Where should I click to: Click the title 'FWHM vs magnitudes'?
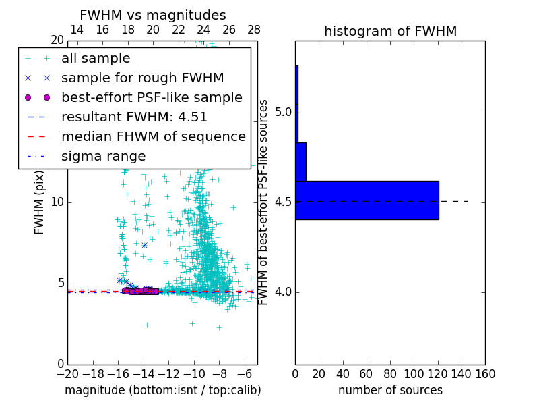click(153, 16)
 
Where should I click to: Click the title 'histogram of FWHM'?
click(390, 31)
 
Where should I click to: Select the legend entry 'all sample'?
click(96, 59)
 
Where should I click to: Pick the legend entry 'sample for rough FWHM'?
click(142, 78)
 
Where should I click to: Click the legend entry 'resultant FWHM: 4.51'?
click(134, 117)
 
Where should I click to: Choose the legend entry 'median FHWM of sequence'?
click(153, 137)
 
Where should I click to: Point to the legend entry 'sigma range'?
click(103, 157)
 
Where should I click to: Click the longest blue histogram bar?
click(367, 200)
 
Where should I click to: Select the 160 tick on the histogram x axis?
click(485, 374)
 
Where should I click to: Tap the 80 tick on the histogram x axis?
click(390, 374)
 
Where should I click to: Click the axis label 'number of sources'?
click(390, 390)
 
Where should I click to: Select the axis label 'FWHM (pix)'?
click(40, 202)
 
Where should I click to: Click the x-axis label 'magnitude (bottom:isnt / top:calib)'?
click(162, 390)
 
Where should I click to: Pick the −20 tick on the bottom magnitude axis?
click(67, 374)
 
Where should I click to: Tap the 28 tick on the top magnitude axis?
click(254, 30)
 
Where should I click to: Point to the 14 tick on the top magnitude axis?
click(77, 30)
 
